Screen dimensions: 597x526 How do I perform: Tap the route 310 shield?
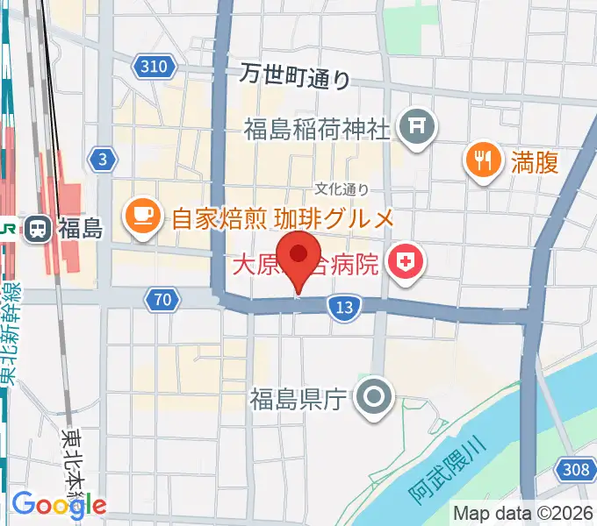pos(156,66)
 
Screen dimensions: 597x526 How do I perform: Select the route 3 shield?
pos(103,159)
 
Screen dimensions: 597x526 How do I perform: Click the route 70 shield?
pos(160,301)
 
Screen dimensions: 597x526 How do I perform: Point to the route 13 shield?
pos(344,306)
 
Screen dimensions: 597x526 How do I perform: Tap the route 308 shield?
pos(576,471)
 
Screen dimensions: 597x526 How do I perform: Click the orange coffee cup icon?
pos(141,217)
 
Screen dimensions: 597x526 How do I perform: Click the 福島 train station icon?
pos(38,230)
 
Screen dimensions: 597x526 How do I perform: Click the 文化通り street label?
pos(342,188)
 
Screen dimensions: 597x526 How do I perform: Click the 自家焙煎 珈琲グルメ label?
pos(281,217)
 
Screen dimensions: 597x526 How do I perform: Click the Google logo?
pos(59,504)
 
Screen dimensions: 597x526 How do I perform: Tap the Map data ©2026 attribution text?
pos(522,513)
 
